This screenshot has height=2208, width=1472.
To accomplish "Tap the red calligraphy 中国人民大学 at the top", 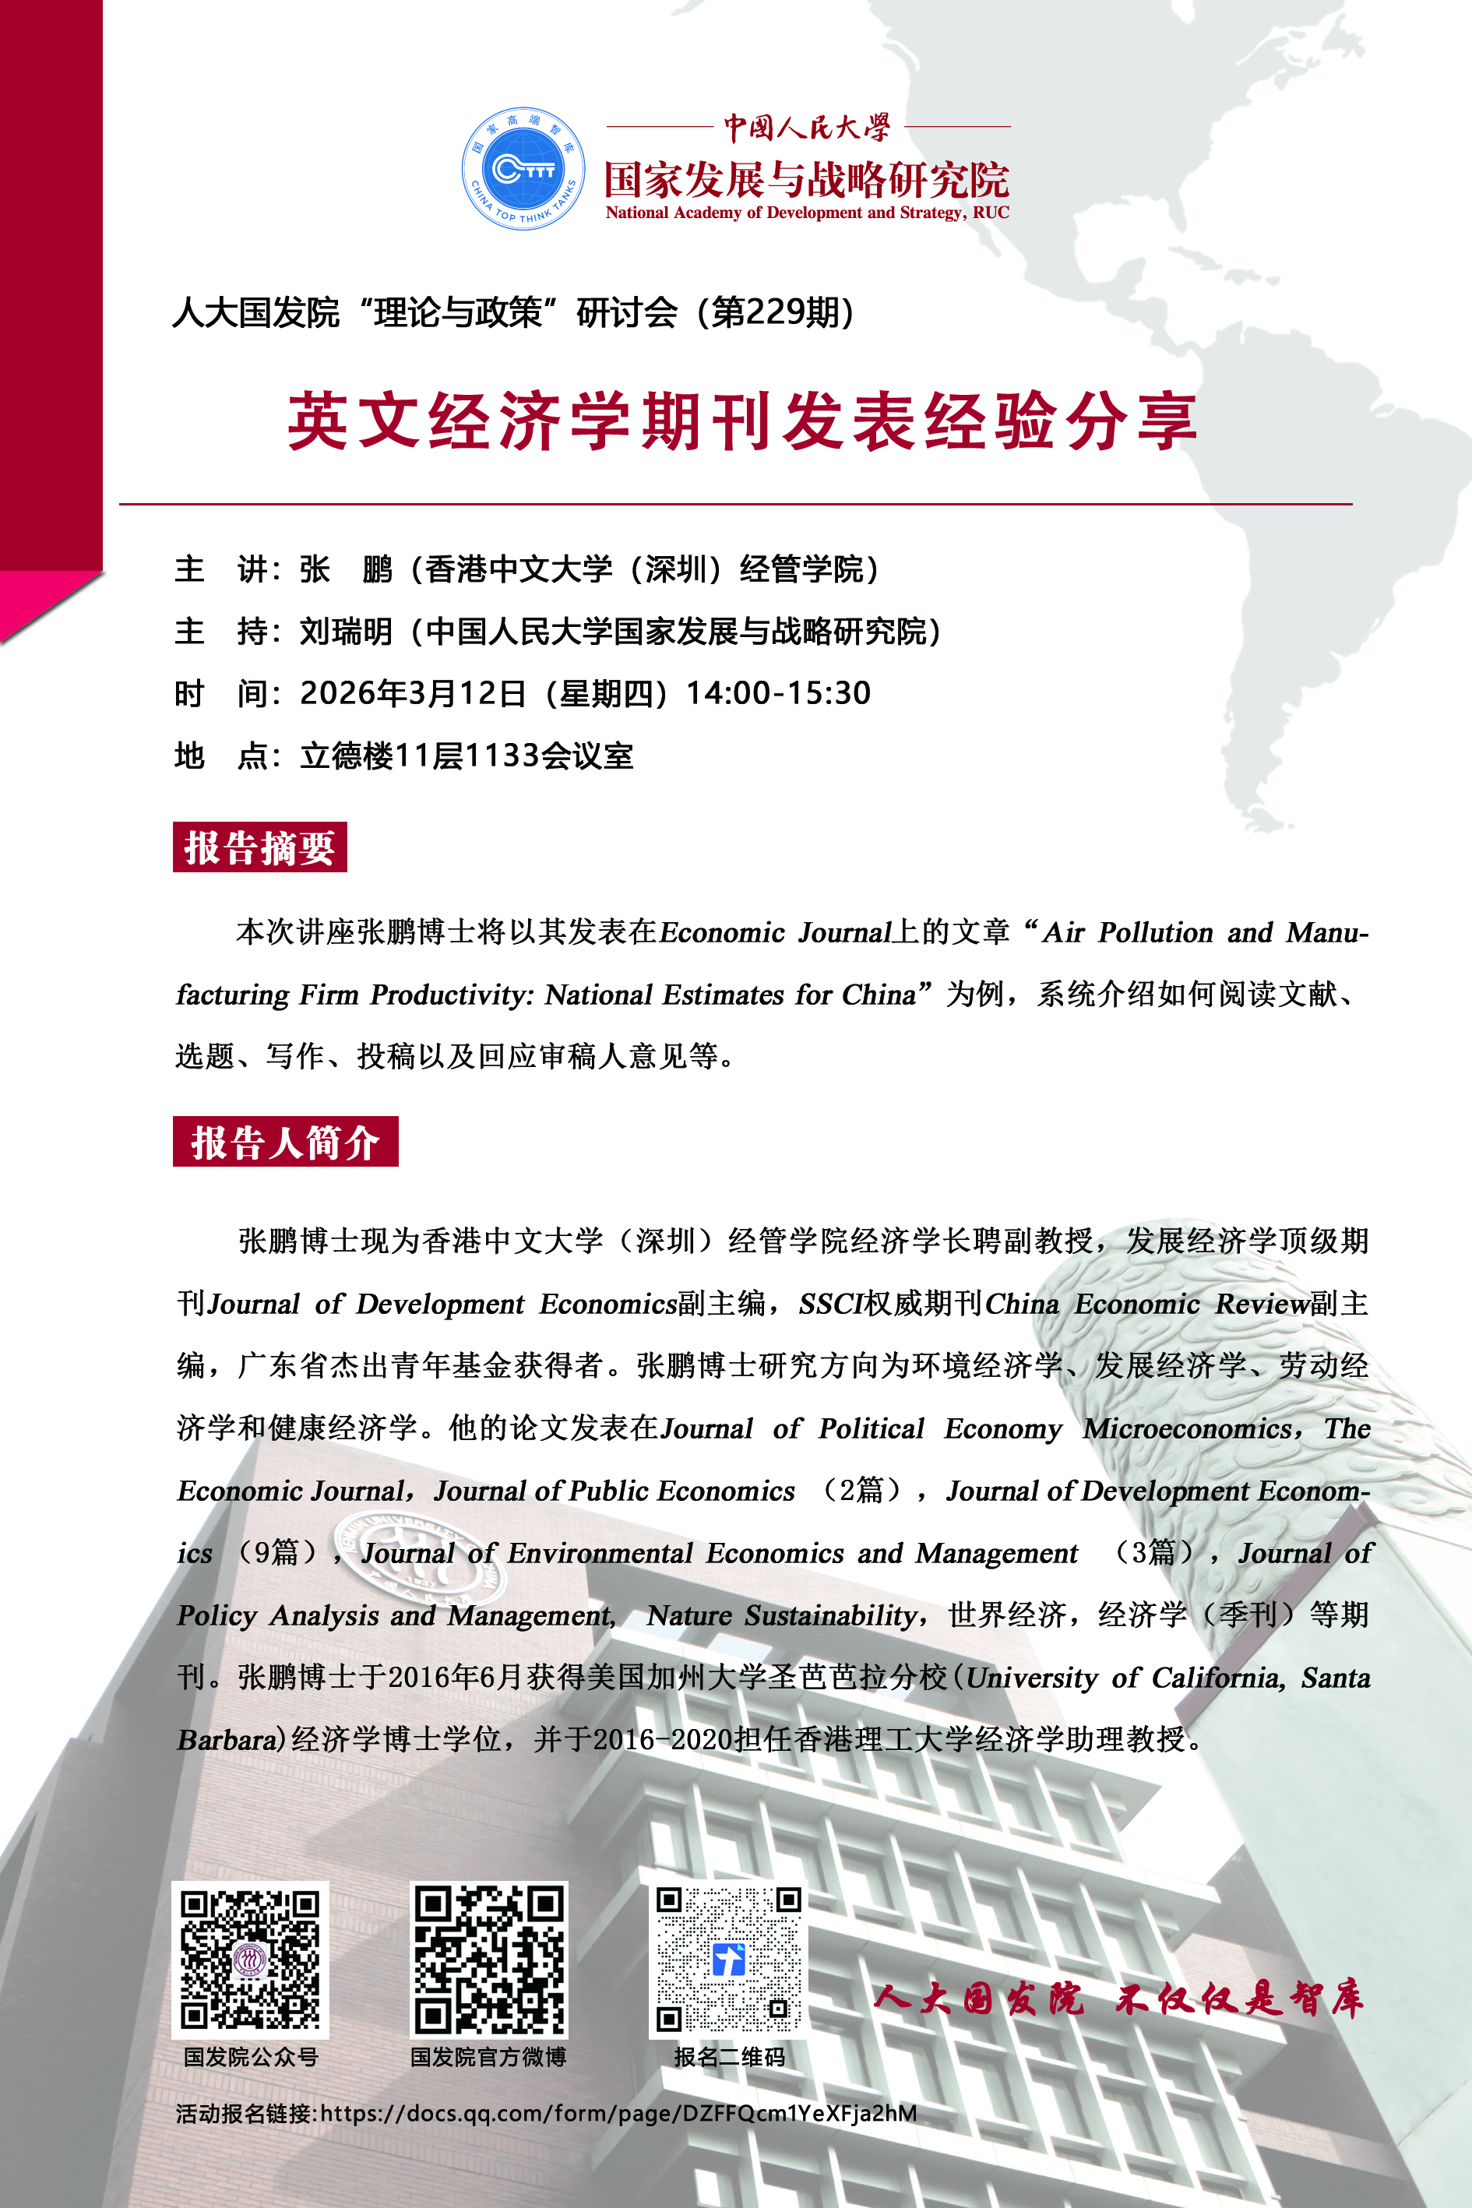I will [x=806, y=127].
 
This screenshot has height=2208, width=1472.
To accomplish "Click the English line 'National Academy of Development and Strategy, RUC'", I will [x=806, y=213].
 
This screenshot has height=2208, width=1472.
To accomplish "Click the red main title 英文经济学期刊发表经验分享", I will [x=741, y=421].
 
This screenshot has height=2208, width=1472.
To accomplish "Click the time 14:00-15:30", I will [x=778, y=693].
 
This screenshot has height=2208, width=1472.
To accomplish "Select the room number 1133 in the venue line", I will [x=500, y=755].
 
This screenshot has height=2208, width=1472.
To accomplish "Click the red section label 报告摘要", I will [x=259, y=847].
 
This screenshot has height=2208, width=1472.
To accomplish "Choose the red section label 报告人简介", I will [x=285, y=1142].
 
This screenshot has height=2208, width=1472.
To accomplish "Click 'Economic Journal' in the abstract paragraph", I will [x=774, y=932].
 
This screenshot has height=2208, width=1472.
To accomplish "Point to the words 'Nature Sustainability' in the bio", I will [x=782, y=1615].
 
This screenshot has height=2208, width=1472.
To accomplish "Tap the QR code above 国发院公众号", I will [x=250, y=1960].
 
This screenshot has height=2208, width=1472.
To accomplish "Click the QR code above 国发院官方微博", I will [x=488, y=1960].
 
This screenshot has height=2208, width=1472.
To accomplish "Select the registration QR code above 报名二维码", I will [x=727, y=1960].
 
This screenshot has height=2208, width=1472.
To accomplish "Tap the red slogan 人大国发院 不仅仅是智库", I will [x=1117, y=1999].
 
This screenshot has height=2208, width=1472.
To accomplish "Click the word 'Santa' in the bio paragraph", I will [x=1335, y=1678].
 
